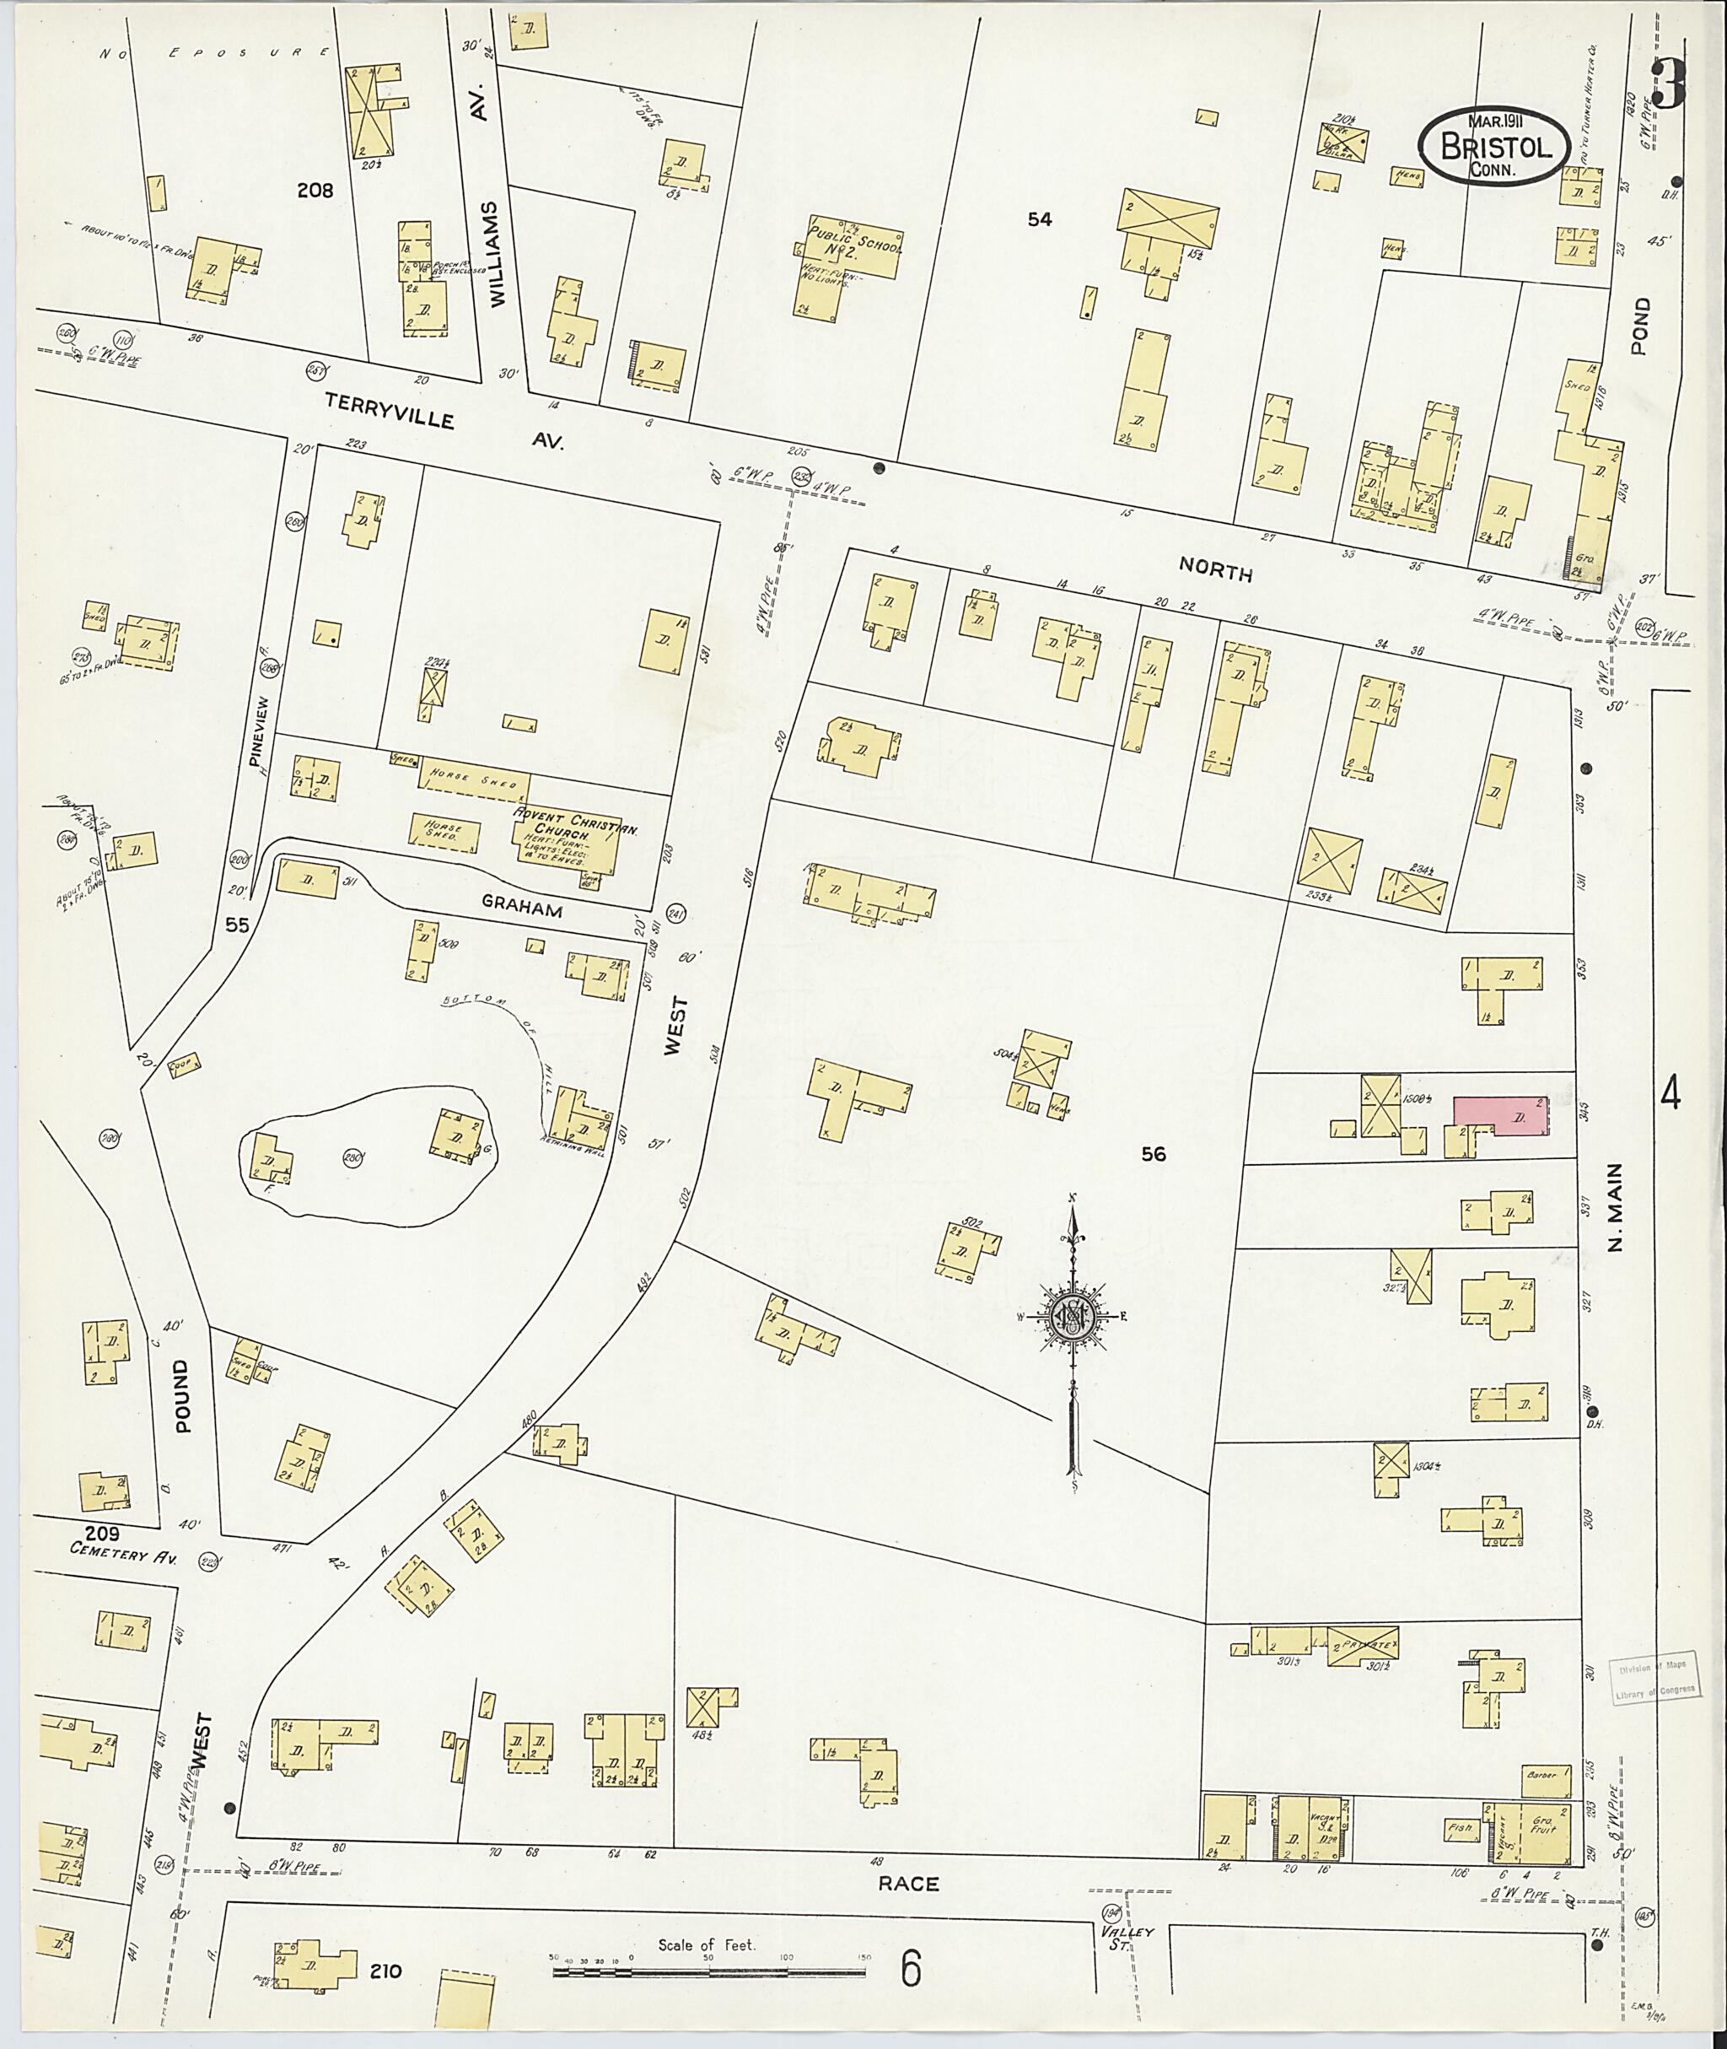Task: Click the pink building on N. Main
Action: pyautogui.click(x=1500, y=1117)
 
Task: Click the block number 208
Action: pyautogui.click(x=315, y=191)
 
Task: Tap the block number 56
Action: pyautogui.click(x=1154, y=1154)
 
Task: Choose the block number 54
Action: pyautogui.click(x=1039, y=220)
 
